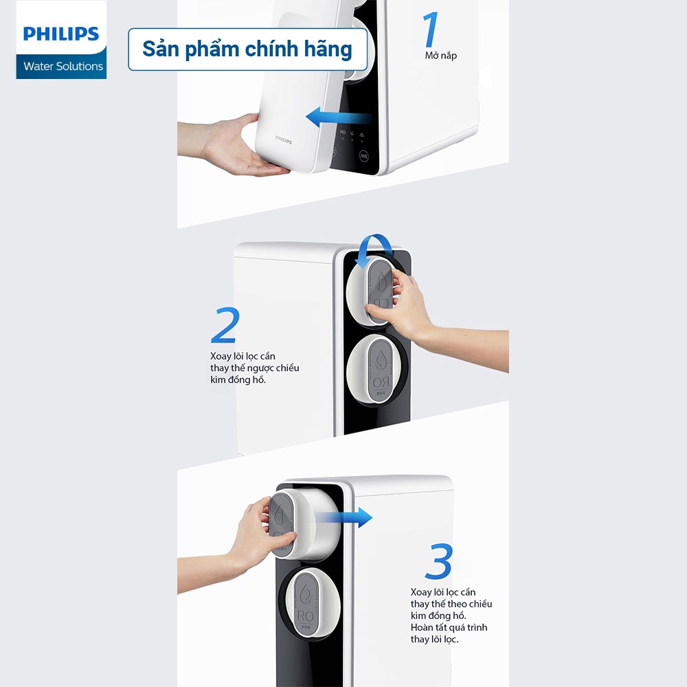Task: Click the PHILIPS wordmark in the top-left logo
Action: tap(61, 34)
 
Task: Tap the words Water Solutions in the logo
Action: tap(63, 66)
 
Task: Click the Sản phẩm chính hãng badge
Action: tap(247, 49)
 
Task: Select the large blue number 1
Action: tap(430, 29)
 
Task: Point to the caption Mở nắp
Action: tap(441, 56)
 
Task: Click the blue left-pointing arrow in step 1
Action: tap(338, 117)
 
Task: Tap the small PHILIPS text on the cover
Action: tap(284, 139)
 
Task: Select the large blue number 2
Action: tap(225, 325)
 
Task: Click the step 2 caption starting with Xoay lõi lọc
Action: tap(255, 368)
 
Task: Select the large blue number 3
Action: tap(438, 561)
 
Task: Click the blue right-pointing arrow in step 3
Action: tap(344, 517)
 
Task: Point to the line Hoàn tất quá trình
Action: tap(449, 627)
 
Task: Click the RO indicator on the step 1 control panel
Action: tap(343, 133)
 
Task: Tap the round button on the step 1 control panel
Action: tap(363, 156)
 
